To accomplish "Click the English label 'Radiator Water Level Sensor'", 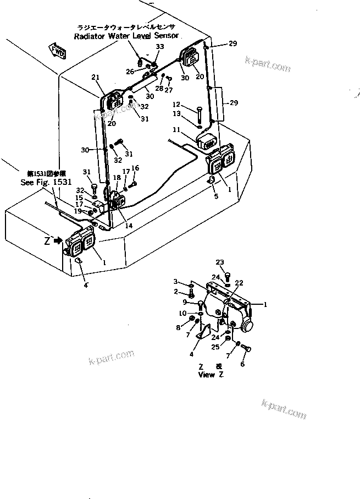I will click(126, 36).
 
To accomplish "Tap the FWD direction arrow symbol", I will click(58, 52).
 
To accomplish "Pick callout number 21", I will click(96, 77).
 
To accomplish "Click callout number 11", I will click(176, 130).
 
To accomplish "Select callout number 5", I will click(216, 195).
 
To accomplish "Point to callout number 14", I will click(129, 226).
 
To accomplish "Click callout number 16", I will click(135, 168).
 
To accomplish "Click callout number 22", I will click(240, 283).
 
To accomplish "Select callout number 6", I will click(242, 364).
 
